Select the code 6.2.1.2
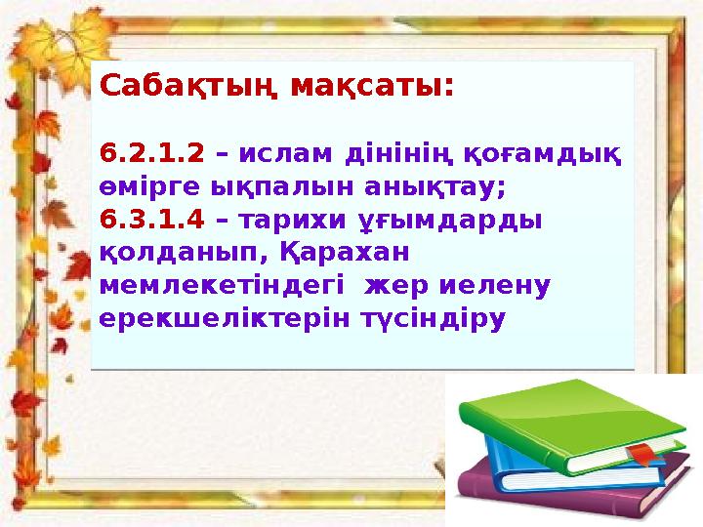[152, 153]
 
